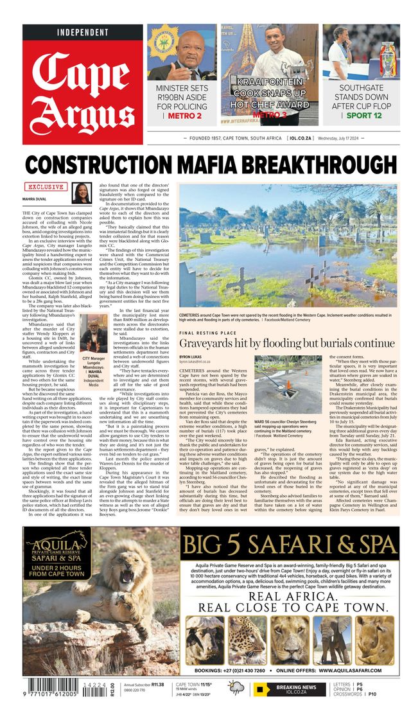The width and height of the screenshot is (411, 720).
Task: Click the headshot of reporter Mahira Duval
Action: [82, 193]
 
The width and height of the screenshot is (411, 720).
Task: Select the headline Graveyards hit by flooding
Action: [286, 344]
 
